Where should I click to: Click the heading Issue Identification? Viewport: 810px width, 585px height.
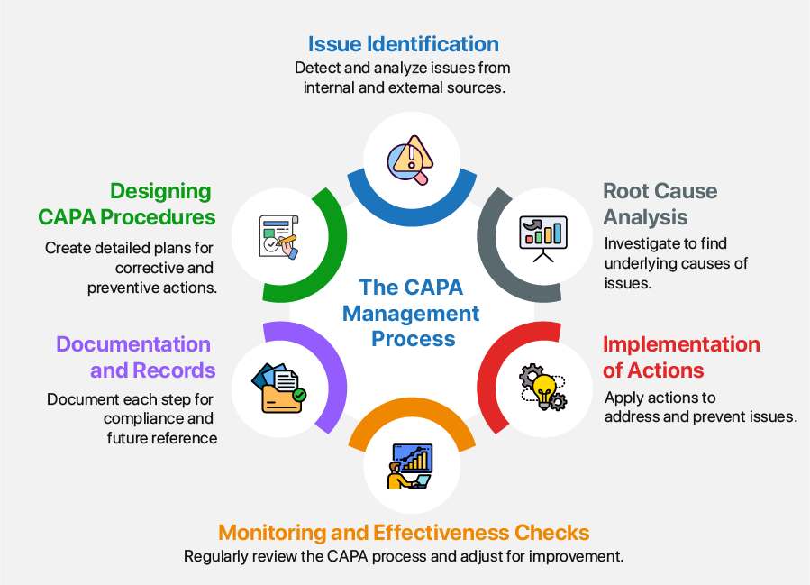tap(403, 44)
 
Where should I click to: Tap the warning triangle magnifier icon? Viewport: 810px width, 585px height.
tap(410, 159)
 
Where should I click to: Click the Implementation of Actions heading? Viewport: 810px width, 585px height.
tap(680, 357)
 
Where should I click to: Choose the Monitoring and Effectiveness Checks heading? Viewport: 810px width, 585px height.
tap(404, 532)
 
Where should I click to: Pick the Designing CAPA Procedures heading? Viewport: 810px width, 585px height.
tap(127, 204)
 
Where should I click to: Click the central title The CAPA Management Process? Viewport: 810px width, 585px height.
tap(412, 313)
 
